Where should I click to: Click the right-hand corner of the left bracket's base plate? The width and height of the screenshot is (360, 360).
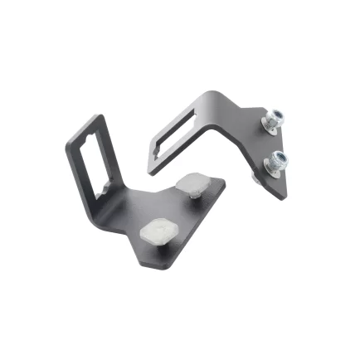click(x=225, y=190)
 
